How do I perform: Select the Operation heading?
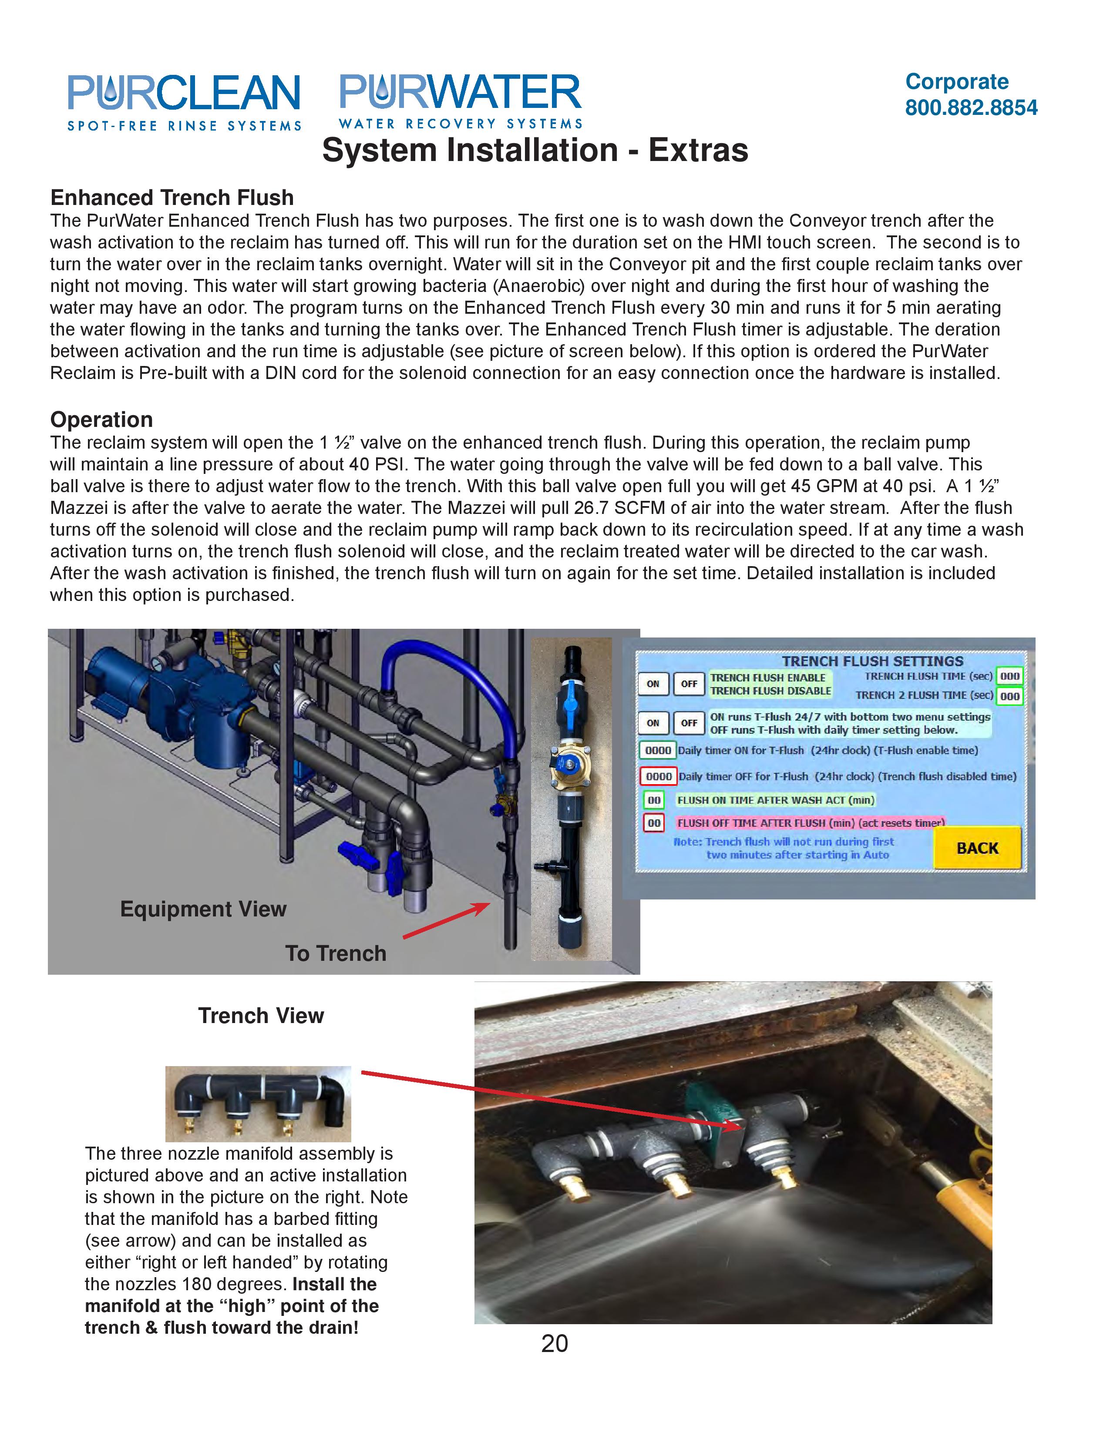pos(101,419)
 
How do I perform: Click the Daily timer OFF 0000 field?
pos(658,776)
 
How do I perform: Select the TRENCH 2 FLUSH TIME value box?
pos(1009,696)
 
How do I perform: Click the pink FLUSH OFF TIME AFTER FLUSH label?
pos(810,822)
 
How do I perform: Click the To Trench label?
pos(335,953)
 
